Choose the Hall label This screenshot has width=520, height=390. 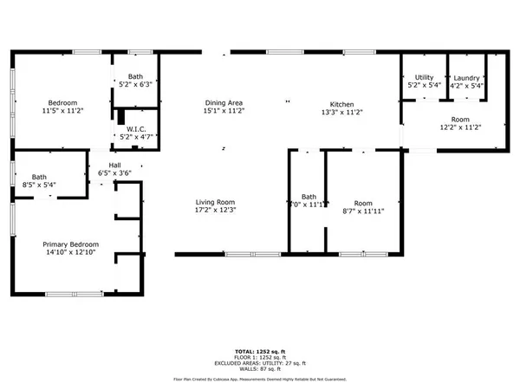[114, 165]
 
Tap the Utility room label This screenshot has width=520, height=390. [424, 78]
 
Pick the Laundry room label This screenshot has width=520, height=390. [466, 78]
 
